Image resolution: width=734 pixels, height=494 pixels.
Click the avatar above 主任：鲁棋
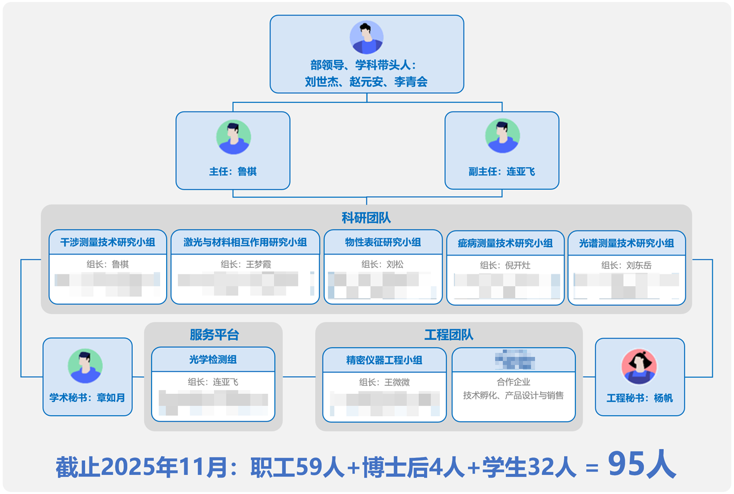tap(233, 137)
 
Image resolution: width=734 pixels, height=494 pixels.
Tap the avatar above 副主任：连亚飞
tap(502, 136)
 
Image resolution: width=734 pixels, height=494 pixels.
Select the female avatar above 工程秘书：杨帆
tap(639, 366)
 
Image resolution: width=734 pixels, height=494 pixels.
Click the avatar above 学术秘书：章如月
tap(85, 366)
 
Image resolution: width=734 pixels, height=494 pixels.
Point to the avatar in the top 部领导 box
tap(366, 37)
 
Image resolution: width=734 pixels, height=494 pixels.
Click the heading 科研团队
tap(366, 218)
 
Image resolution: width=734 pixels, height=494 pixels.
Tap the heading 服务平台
tap(214, 335)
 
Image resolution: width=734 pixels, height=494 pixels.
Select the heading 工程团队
tap(448, 335)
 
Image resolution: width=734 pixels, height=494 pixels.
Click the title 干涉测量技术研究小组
tap(108, 242)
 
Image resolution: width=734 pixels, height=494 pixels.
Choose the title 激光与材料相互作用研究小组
tap(245, 242)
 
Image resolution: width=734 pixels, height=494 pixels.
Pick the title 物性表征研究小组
tap(383, 242)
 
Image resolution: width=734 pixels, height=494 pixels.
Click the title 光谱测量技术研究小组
tap(626, 243)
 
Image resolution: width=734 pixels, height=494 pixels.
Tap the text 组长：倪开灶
tap(505, 265)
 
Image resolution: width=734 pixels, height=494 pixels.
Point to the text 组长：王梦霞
tap(245, 264)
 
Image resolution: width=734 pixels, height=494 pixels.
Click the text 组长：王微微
tap(384, 382)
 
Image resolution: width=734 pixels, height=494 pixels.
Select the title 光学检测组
tap(213, 360)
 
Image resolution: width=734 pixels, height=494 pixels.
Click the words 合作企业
tap(513, 382)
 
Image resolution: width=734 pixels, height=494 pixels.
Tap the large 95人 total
tap(641, 464)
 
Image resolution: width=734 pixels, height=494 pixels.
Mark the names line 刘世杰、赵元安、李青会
tap(366, 81)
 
